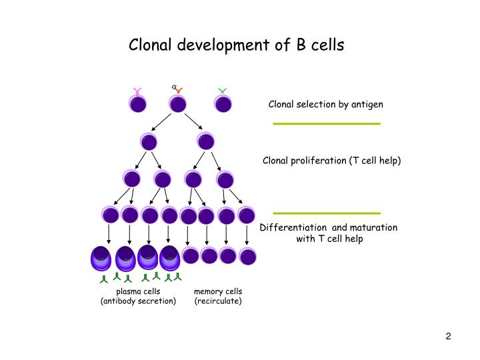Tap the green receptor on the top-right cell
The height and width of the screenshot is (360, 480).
[223, 91]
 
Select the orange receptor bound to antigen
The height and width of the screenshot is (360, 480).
[179, 90]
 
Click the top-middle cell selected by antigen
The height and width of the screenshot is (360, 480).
[178, 104]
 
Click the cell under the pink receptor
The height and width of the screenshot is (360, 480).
[138, 104]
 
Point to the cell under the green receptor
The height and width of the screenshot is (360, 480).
[223, 104]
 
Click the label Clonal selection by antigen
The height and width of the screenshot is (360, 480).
[325, 105]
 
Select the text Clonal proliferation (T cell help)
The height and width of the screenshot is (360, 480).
[331, 161]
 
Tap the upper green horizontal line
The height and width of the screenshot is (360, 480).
[327, 124]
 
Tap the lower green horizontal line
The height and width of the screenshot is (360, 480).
[327, 213]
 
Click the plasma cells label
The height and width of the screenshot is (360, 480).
[138, 291]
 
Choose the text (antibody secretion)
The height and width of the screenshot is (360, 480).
[138, 301]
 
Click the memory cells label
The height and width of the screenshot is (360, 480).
[218, 291]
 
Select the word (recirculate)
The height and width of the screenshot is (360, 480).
[218, 301]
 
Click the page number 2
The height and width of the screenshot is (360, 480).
[449, 336]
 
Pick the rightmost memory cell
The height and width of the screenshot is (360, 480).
[247, 255]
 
